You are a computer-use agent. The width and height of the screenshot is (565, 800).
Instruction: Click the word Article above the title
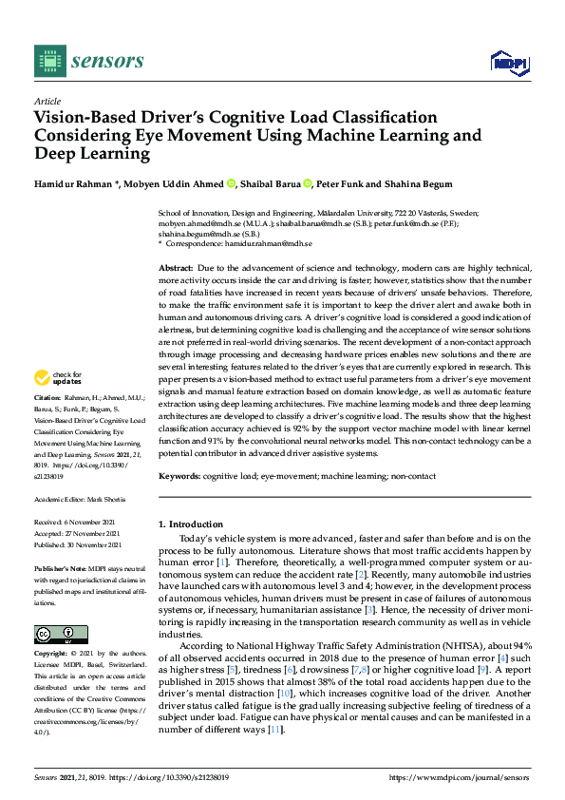coord(47,101)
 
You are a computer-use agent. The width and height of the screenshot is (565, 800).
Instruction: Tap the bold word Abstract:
coord(177,270)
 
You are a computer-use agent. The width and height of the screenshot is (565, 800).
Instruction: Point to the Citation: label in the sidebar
coord(47,423)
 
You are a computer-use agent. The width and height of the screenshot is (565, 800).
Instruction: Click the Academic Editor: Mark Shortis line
coord(85,499)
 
